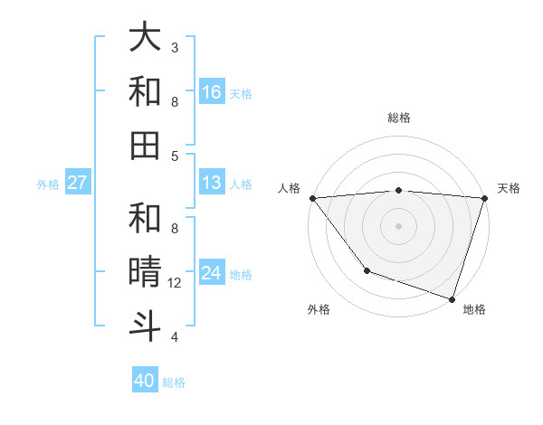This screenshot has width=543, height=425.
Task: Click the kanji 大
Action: pos(146,38)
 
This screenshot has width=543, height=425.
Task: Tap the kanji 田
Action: pos(146,146)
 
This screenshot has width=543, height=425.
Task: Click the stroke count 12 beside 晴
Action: pos(176,283)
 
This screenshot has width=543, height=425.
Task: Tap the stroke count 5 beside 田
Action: pos(175,156)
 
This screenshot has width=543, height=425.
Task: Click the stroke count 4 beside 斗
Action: pos(175,337)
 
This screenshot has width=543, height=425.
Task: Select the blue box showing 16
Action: pos(212,92)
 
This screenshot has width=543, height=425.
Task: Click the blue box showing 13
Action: pos(212,183)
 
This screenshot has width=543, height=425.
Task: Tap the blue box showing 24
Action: pos(212,273)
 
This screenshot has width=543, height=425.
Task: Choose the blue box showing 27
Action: pos(77,183)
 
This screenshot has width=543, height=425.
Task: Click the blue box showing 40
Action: pos(145,381)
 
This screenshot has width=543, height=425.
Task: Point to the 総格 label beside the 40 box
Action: pos(174,382)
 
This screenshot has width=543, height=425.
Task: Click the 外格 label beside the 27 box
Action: pos(48,184)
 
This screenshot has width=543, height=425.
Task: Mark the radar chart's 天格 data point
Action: pos(485,198)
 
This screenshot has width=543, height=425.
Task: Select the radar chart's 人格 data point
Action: pos(312,198)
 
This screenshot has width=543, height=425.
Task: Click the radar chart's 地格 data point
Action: pos(452,298)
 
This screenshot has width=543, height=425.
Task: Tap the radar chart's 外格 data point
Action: pos(367,270)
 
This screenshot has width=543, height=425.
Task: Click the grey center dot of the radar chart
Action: pos(398,225)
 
